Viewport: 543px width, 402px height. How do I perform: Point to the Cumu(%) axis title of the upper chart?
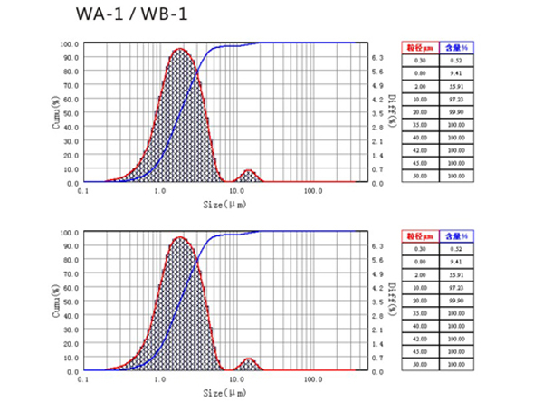[60, 112]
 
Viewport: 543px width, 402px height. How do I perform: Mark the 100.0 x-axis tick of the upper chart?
[313, 192]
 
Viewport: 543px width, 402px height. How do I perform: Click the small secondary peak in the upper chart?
[249, 171]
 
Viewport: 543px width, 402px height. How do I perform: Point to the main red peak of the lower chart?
[179, 237]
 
